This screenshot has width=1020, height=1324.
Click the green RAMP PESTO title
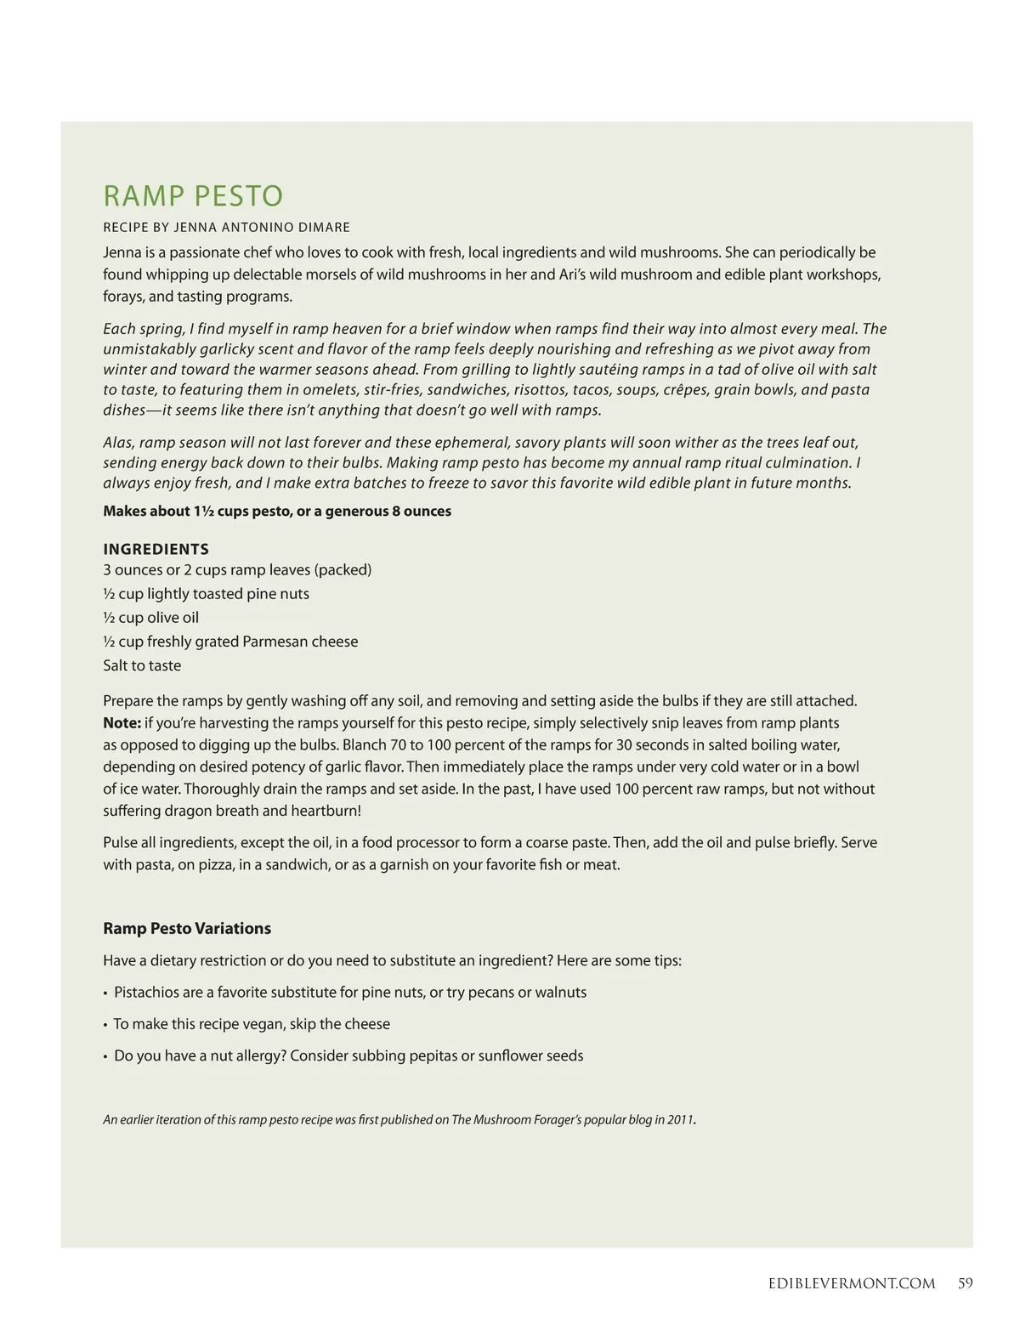(193, 196)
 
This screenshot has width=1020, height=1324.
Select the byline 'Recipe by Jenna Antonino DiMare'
(226, 228)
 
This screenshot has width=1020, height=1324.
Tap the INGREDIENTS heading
(156, 549)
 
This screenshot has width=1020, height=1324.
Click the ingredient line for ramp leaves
(237, 569)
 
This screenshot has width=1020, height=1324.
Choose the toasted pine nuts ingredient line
(206, 594)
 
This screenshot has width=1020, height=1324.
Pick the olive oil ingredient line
(150, 618)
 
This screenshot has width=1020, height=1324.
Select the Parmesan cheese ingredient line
(230, 642)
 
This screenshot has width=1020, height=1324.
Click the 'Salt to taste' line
(142, 665)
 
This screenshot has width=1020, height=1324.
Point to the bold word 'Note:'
(122, 723)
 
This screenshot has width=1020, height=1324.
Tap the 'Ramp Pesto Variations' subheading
(187, 929)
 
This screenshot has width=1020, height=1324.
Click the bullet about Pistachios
(349, 993)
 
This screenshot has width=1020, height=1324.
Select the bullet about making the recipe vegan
(252, 1024)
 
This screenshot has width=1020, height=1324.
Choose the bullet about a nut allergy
(348, 1056)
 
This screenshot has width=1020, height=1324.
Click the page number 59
(965, 1283)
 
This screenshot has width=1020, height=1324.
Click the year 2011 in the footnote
(680, 1120)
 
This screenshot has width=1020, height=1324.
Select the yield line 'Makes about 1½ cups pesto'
(277, 512)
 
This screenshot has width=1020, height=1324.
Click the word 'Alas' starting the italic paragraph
(118, 443)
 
